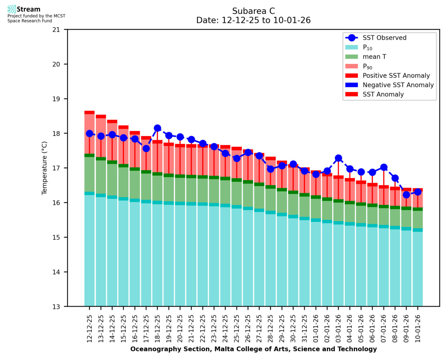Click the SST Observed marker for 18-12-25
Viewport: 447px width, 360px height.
tap(157, 128)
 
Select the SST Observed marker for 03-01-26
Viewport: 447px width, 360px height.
tap(339, 158)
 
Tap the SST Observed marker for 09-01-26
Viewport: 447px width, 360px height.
tap(406, 195)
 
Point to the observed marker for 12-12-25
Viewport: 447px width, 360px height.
tap(89, 134)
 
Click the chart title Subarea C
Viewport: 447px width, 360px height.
tap(253, 11)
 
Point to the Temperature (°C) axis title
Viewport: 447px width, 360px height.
tap(45, 168)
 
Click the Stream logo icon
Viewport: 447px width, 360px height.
tap(12, 9)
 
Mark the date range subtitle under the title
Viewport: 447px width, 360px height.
tap(253, 20)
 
